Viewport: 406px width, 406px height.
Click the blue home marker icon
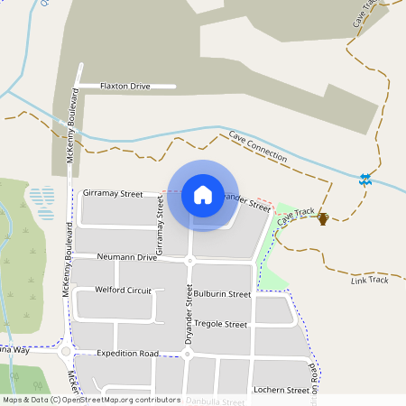203,195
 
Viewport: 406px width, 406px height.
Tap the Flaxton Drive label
125,86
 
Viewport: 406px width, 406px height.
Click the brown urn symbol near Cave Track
323,217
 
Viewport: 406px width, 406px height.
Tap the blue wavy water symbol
364,180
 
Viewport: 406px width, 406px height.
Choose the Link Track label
369,280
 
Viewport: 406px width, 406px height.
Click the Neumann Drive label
127,257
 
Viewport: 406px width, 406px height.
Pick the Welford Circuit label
124,291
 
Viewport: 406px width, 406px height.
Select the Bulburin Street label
222,294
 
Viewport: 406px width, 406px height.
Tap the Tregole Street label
221,324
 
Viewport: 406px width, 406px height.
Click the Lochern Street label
282,390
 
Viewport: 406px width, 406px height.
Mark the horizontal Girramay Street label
113,193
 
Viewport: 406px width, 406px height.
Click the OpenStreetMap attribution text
92,399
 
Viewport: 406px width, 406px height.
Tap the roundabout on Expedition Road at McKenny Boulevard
67,351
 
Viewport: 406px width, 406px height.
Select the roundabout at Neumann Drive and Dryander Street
189,261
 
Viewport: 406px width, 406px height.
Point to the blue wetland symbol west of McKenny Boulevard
42,196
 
